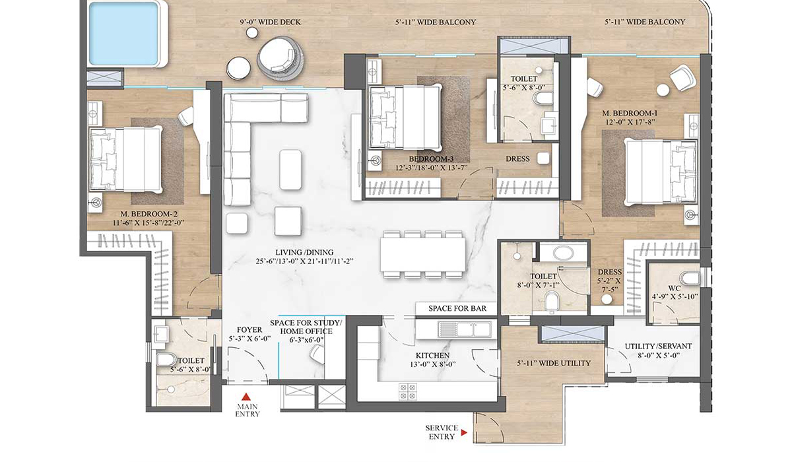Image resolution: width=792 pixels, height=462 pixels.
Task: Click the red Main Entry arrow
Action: coord(246,397)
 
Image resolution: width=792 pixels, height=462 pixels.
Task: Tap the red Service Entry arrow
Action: coord(465,433)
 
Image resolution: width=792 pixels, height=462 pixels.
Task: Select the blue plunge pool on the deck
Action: coord(123,32)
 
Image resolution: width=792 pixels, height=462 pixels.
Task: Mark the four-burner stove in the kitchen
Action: coord(407,390)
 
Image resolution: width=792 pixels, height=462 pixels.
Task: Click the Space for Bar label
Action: coord(457,309)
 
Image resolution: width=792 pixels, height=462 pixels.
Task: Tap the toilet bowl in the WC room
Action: coord(688,277)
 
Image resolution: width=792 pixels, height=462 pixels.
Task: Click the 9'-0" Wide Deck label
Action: coord(271,22)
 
